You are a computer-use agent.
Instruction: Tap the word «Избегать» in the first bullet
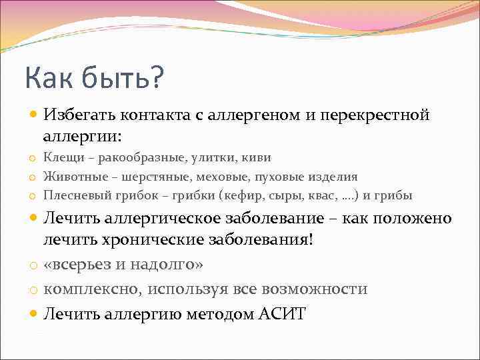click(x=79, y=116)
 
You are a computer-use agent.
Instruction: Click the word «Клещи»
click(x=60, y=158)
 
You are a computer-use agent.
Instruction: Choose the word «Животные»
click(x=71, y=177)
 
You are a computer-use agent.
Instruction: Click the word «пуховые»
click(x=290, y=177)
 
